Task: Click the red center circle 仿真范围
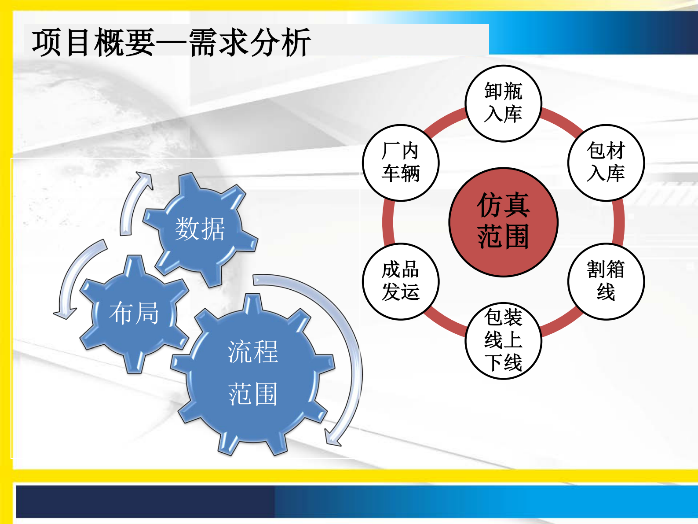click(503, 222)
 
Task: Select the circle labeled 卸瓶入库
click(503, 103)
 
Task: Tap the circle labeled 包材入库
click(606, 162)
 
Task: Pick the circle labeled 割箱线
click(606, 281)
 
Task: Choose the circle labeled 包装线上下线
click(503, 340)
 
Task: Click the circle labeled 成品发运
click(401, 281)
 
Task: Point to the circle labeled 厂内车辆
click(401, 162)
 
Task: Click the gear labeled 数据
click(200, 229)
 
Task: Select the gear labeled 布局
click(134, 313)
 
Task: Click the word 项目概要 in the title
click(93, 42)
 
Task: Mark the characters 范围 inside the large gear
click(253, 394)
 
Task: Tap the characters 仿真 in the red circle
click(503, 205)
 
